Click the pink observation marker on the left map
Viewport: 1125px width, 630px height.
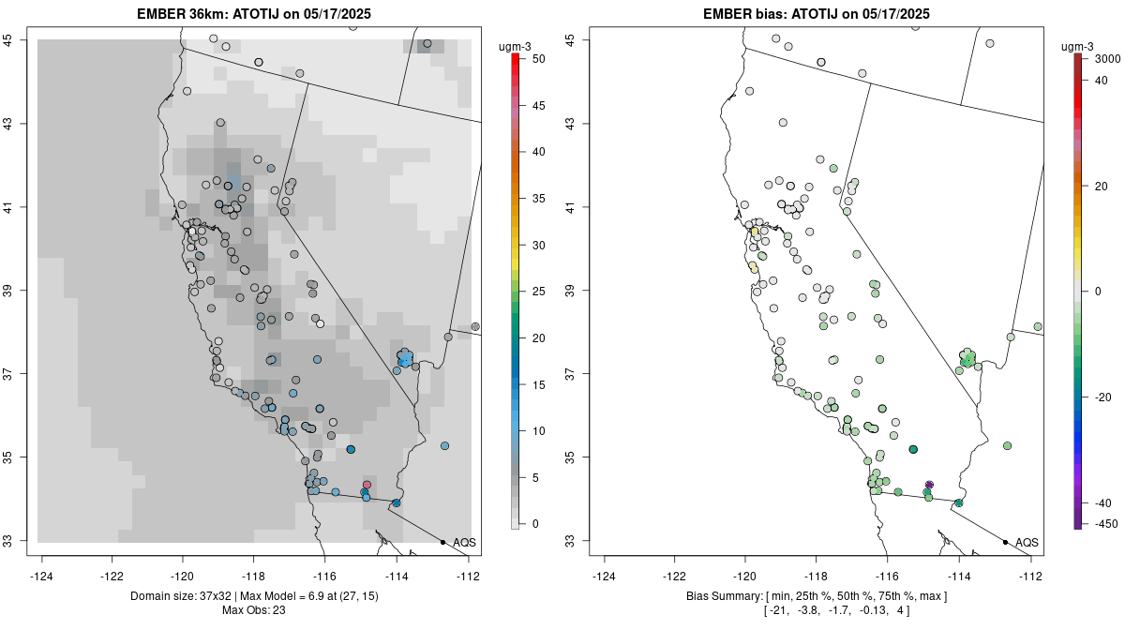pyautogui.click(x=367, y=485)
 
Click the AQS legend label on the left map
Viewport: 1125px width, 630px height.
pyautogui.click(x=464, y=542)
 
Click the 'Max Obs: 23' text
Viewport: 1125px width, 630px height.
pyautogui.click(x=254, y=610)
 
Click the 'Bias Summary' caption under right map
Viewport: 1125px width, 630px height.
pyautogui.click(x=722, y=596)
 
